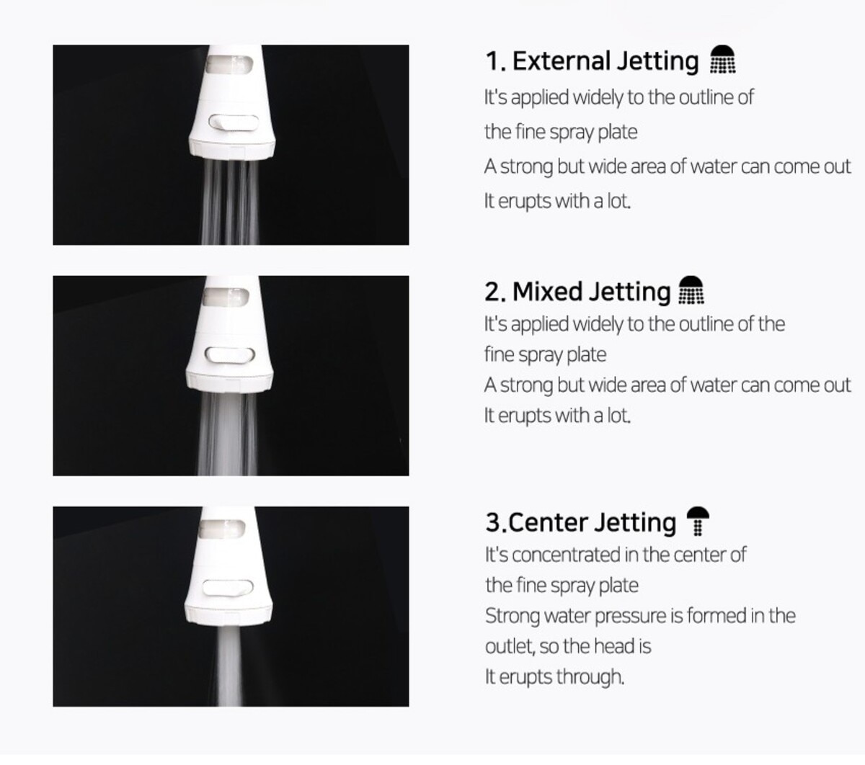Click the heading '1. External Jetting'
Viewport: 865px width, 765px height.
[592, 61]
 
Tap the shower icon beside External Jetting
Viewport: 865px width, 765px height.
[722, 59]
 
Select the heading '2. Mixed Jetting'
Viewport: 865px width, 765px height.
[577, 292]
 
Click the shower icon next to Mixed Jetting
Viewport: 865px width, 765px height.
[691, 290]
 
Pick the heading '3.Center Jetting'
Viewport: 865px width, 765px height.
[581, 523]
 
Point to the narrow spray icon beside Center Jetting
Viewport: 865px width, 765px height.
[698, 522]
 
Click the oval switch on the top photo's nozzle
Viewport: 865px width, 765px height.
[233, 122]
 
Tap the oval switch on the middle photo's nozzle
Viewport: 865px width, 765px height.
[230, 355]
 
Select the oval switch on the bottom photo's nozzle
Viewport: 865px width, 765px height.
[228, 588]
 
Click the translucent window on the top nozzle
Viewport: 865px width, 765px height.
[229, 64]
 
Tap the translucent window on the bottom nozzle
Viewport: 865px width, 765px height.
[222, 529]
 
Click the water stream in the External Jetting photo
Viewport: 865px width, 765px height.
[231, 202]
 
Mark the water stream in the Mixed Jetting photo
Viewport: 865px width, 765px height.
[228, 434]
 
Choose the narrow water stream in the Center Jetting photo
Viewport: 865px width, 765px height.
[230, 668]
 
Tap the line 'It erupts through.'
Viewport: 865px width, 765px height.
[554, 677]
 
